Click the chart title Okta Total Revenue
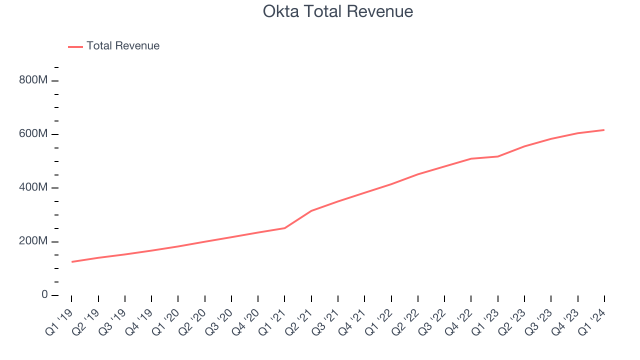(338, 11)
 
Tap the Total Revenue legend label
(123, 46)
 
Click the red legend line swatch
(75, 46)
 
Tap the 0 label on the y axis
(44, 295)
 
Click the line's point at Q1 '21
(284, 228)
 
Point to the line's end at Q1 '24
(604, 130)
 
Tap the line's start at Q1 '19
(71, 261)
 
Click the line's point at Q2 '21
(311, 210)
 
